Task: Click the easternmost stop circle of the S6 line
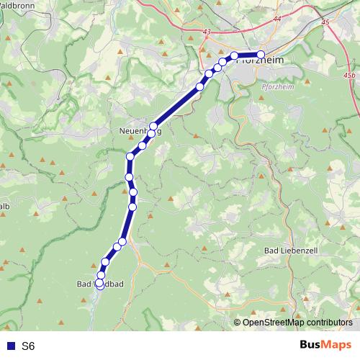coord(261,55)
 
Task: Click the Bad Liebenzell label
coord(291,249)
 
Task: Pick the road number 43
coord(208,32)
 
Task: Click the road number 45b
coord(349,75)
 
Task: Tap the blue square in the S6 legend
coord(11,346)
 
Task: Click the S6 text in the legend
coord(28,346)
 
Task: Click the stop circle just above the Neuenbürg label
coord(153,127)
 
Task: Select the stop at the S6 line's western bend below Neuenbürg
coord(130,156)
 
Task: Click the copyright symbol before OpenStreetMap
coord(238,323)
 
